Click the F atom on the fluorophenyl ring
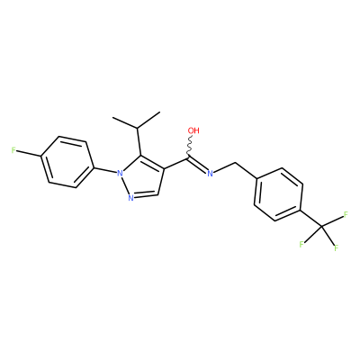tap(13, 150)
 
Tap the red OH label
tap(193, 130)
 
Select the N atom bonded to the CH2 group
tap(210, 173)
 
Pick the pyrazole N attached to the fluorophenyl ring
tap(120, 173)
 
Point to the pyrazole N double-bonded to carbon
tap(130, 197)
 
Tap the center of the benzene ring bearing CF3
tap(278, 195)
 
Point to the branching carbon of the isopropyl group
tap(138, 129)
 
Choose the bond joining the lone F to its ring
tap(29, 153)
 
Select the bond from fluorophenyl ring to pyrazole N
tap(104, 169)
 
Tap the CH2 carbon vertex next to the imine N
tap(236, 163)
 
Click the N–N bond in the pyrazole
tap(124, 185)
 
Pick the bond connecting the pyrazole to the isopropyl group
tap(139, 142)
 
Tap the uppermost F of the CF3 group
tap(346, 214)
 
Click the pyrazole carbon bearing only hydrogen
tap(158, 193)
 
